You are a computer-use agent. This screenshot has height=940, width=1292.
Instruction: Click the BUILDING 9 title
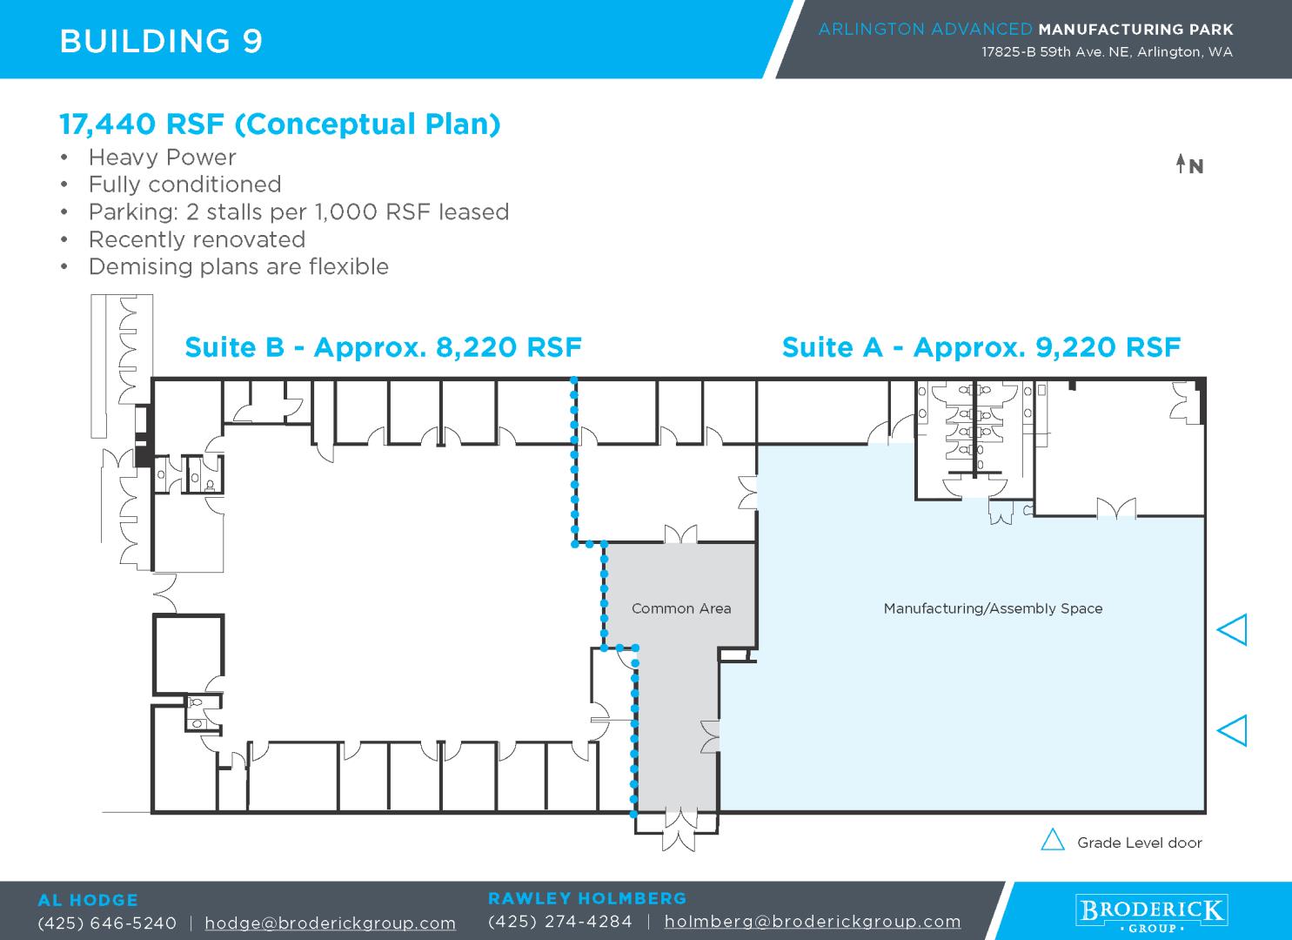point(162,41)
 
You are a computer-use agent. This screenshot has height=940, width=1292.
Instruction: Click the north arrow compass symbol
point(1189,164)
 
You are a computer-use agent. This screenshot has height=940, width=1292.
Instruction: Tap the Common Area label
point(681,608)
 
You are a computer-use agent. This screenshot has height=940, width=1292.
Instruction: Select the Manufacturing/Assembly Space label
point(993,608)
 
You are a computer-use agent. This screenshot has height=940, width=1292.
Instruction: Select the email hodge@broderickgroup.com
point(330,923)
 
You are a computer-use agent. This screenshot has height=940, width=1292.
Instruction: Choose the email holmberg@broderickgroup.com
point(813,922)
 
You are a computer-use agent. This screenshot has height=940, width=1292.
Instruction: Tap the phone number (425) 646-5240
point(107,923)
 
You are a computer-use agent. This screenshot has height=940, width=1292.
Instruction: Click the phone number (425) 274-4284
point(560,922)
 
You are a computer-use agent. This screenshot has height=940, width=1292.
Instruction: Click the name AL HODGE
point(88,900)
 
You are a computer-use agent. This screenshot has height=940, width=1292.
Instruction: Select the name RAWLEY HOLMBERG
point(587,898)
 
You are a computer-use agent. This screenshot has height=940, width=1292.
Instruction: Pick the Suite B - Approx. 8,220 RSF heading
point(383,347)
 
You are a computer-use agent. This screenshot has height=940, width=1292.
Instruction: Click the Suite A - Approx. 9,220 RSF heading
point(981,347)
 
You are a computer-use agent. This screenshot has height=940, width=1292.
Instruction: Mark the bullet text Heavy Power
point(162,158)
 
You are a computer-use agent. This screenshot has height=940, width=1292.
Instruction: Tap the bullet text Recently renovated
point(197,239)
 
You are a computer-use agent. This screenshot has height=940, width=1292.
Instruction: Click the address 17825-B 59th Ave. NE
point(1055,52)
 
